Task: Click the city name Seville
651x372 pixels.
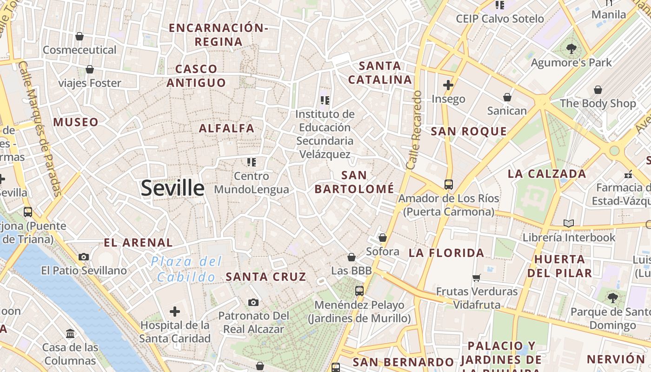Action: tap(173, 188)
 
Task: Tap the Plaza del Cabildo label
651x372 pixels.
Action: tap(186, 269)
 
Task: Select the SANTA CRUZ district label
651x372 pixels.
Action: tap(266, 277)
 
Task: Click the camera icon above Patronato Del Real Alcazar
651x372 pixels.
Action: tap(253, 303)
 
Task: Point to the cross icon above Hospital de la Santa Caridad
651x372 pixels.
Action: tap(175, 311)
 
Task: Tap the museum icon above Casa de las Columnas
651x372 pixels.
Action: tap(70, 333)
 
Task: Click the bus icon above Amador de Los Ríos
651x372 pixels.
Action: tap(448, 185)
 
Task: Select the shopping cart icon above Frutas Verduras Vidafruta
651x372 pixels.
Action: tap(476, 278)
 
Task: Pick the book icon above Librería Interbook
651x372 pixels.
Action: tap(568, 224)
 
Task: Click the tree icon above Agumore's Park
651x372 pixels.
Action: tap(571, 48)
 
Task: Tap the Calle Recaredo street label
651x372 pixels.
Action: tap(413, 130)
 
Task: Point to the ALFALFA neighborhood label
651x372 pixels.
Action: tap(227, 128)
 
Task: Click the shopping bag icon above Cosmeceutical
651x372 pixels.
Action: tap(80, 36)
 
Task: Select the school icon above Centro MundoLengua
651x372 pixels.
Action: tap(252, 162)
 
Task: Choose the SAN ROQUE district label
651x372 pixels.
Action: tap(469, 132)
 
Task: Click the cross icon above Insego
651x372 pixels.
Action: tap(448, 85)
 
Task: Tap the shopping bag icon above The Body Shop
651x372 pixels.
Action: tap(598, 90)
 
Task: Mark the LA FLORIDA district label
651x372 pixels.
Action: tap(446, 253)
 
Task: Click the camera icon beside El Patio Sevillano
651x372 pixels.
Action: tap(84, 257)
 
